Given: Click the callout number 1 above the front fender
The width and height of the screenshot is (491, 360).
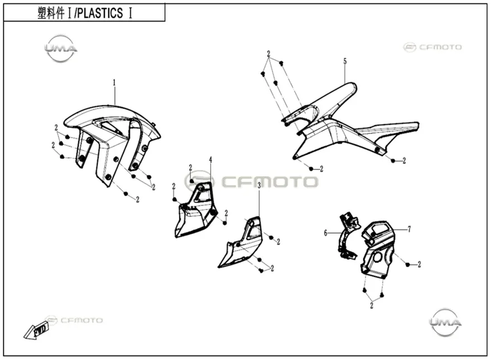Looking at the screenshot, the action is [x=114, y=82].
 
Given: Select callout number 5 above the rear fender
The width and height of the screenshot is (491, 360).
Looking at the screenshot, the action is [x=345, y=61].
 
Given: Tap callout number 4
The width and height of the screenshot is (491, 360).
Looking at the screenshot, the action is [x=211, y=159].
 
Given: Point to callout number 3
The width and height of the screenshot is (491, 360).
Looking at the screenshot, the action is [x=259, y=186].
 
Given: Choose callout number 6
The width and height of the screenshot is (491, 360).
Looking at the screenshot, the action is [x=325, y=233].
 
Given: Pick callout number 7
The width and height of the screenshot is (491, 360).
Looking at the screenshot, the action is [x=409, y=230].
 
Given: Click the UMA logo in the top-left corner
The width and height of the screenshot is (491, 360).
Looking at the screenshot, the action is [x=61, y=48].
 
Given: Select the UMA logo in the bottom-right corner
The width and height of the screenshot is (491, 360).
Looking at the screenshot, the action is [x=445, y=322].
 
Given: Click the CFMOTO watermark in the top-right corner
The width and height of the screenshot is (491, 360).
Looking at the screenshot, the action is [x=432, y=47].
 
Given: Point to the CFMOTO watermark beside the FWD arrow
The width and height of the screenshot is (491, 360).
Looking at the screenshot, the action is [x=74, y=320].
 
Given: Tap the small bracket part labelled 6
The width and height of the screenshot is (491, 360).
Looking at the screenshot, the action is [x=348, y=236].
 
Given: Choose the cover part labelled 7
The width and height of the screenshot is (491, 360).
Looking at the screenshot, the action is [x=377, y=250].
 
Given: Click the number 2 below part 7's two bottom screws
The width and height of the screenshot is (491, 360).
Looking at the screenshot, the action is [x=372, y=305].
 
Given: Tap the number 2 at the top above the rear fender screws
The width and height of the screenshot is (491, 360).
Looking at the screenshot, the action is [x=269, y=54].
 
